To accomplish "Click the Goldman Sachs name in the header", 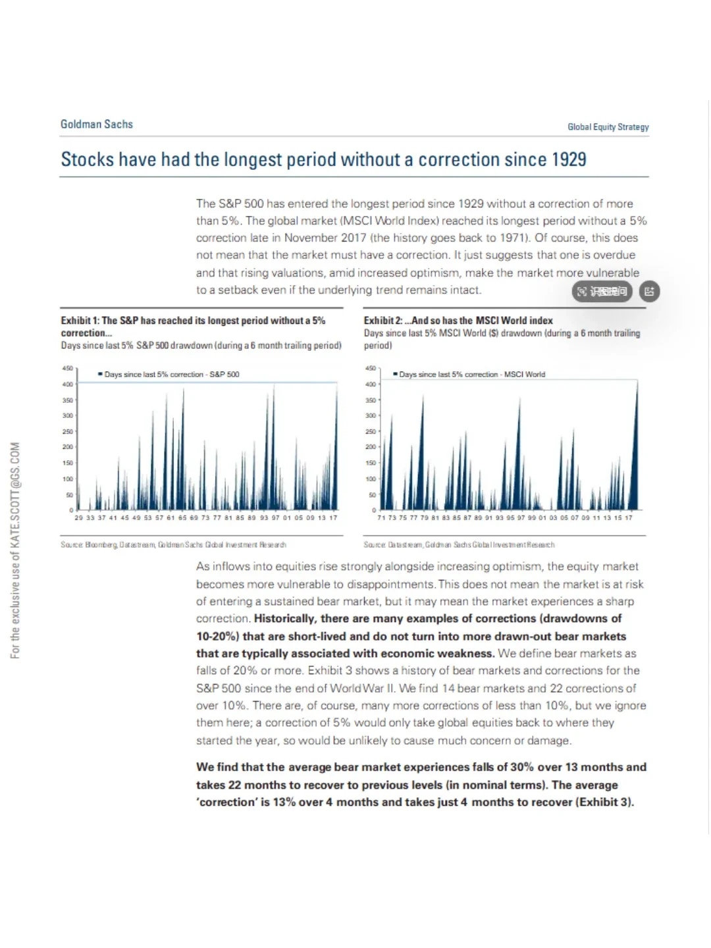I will tap(97, 124).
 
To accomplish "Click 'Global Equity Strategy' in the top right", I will tap(608, 127).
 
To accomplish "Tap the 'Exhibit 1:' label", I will tap(80, 321).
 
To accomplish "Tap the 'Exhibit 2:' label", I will tap(383, 321).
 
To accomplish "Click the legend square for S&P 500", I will tap(100, 374).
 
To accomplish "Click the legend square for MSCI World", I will tap(395, 374).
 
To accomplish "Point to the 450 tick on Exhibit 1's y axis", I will tap(68, 368).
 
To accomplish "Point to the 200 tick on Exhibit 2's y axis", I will tap(371, 447).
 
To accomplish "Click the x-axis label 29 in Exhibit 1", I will tap(79, 518).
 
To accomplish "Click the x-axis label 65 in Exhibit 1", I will tap(182, 518).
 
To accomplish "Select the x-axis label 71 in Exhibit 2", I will tap(381, 518).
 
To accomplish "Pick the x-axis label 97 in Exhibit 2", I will tap(521, 518).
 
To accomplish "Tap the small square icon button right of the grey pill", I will tap(649, 292).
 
